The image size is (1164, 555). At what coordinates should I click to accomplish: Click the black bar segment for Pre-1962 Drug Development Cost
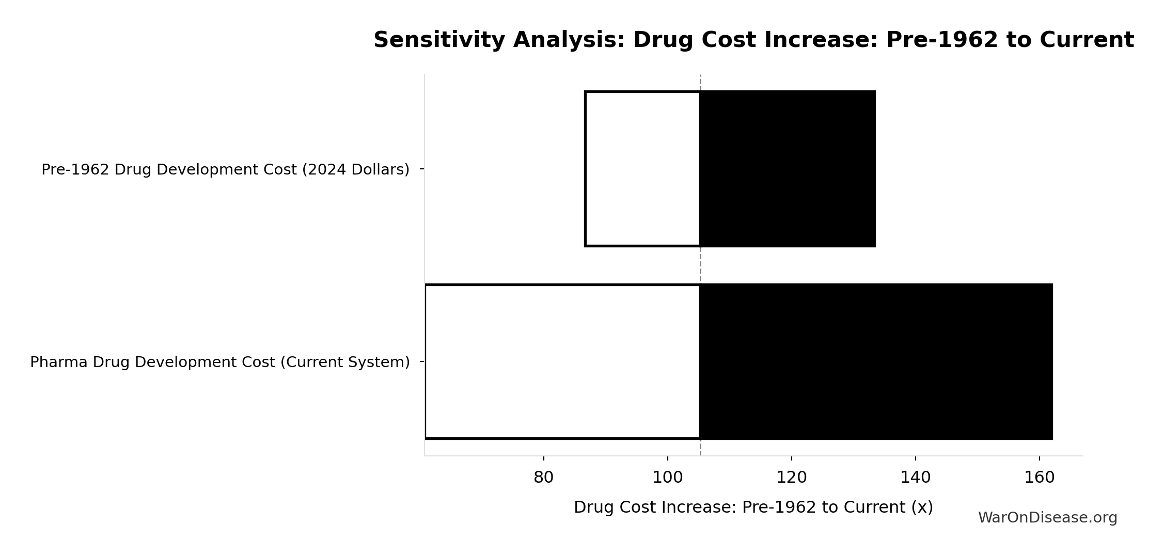click(788, 169)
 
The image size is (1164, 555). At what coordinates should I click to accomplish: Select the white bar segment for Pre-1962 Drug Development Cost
click(642, 169)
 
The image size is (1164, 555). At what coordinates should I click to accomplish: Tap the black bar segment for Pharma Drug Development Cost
click(876, 361)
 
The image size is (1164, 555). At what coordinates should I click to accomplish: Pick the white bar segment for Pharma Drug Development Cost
click(562, 361)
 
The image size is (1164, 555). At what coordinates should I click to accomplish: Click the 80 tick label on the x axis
click(543, 478)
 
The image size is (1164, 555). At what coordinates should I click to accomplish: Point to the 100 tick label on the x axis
click(667, 478)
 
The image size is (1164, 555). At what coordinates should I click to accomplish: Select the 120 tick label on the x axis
click(791, 478)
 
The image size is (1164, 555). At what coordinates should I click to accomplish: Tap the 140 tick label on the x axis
click(915, 478)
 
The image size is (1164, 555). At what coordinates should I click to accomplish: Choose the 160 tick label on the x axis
click(1039, 478)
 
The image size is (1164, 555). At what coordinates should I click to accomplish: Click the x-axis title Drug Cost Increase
click(753, 507)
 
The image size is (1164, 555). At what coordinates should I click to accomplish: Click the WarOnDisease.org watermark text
click(1047, 518)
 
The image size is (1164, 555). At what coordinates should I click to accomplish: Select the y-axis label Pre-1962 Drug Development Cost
click(225, 169)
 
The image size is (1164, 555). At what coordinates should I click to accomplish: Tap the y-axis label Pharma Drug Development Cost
click(219, 362)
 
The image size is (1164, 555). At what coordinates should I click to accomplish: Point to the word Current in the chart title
click(1087, 40)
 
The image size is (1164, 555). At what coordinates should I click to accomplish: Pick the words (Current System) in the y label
click(345, 362)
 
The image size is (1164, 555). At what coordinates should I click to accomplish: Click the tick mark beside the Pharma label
click(422, 361)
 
